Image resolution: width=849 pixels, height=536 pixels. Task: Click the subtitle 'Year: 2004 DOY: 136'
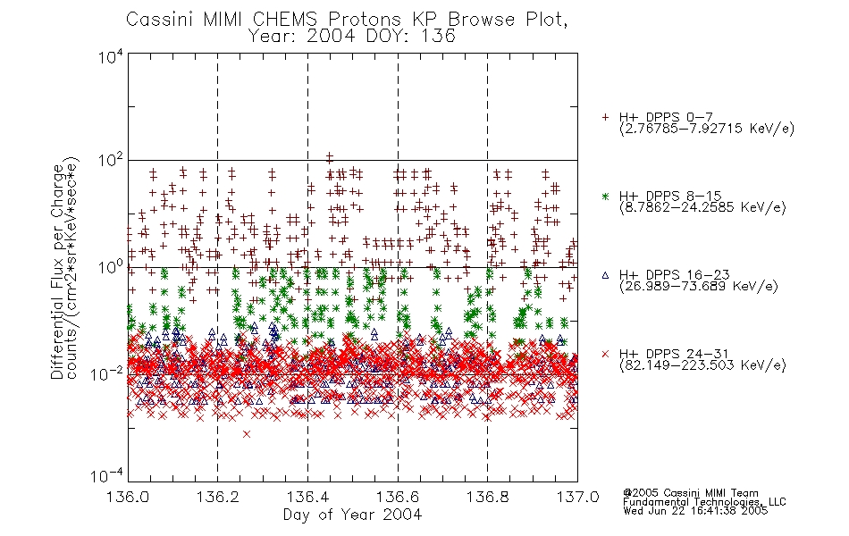pos(351,37)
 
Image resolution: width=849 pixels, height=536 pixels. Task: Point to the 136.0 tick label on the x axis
pos(128,497)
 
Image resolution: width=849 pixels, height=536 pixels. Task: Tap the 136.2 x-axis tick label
pos(218,497)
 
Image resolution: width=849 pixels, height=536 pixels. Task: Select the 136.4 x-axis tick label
pos(307,497)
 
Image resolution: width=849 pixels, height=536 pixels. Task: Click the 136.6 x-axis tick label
pos(398,497)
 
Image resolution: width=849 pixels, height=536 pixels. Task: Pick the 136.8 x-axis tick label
pos(487,497)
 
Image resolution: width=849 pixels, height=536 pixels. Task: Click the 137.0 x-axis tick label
pos(577,497)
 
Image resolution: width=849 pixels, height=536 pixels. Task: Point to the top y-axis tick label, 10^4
pos(111,56)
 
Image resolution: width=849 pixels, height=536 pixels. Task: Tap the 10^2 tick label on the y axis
pos(111,161)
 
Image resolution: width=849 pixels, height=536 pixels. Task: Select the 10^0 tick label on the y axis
pos(111,267)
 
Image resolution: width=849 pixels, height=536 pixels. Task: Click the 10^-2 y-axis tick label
pos(107,374)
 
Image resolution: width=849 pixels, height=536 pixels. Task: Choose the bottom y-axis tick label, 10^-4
pos(107,476)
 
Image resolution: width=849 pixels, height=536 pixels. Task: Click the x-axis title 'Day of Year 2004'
pos(352,515)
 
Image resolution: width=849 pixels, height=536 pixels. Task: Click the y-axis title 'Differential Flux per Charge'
pos(58,272)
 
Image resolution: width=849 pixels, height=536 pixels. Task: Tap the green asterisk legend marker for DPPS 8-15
pos(605,197)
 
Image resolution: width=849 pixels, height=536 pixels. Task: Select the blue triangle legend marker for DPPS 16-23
pos(605,275)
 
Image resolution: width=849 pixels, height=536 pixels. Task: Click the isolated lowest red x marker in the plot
pos(247,434)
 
